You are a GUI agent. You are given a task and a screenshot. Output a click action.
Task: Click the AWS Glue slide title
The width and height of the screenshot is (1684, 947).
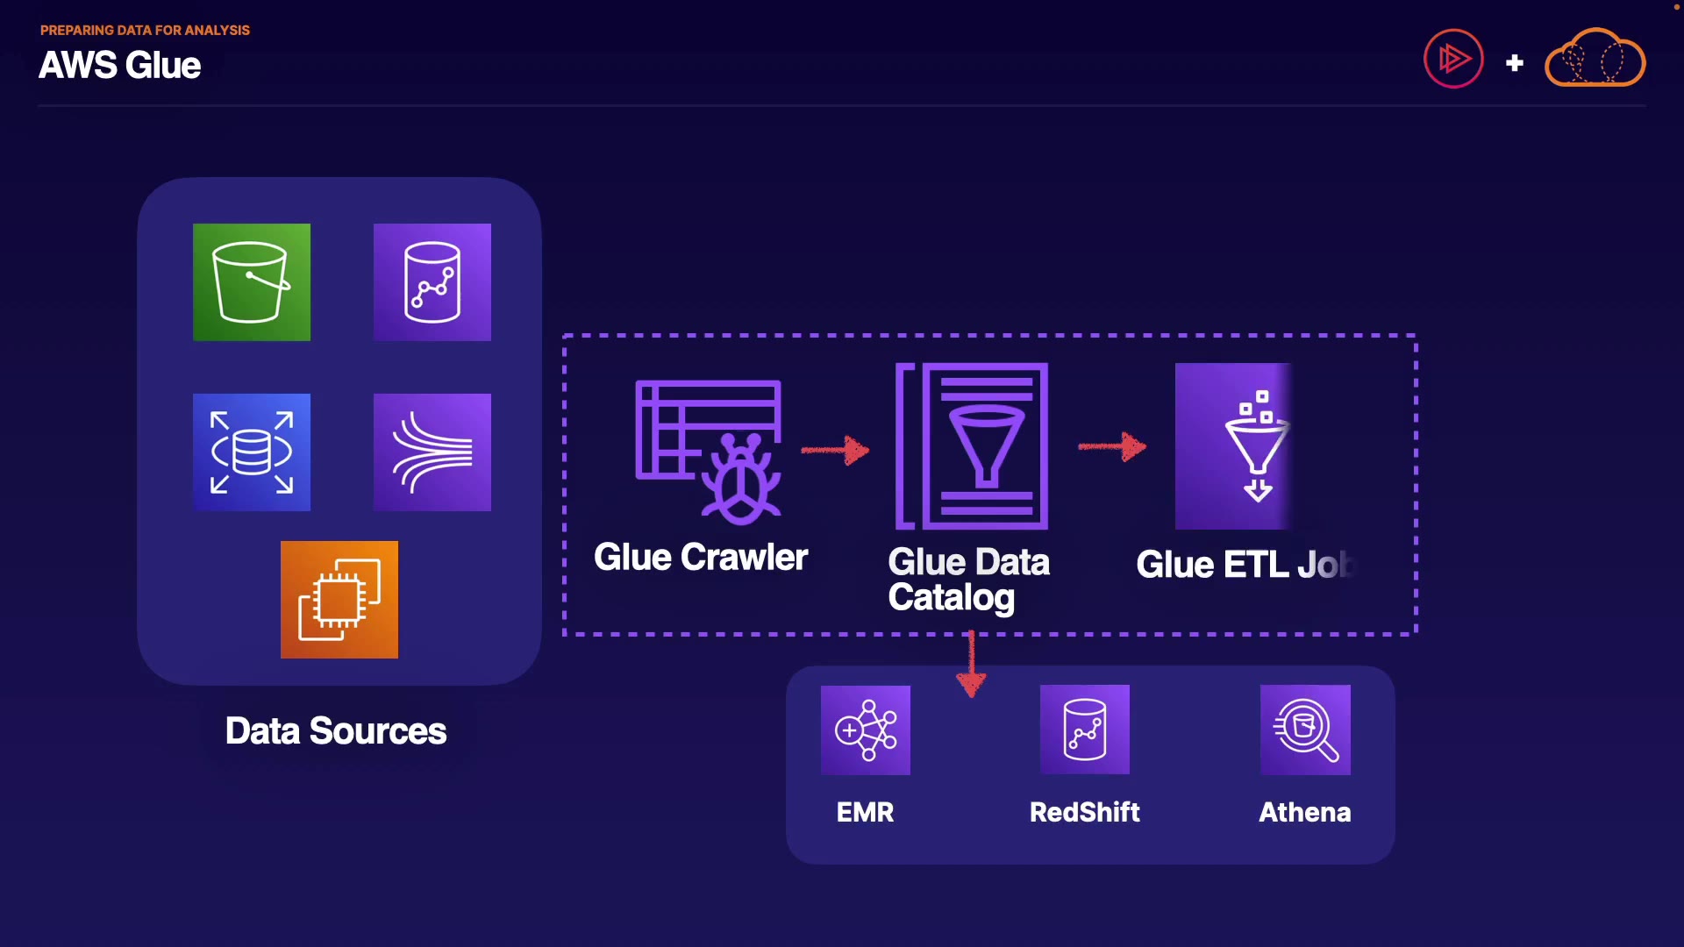point(120,66)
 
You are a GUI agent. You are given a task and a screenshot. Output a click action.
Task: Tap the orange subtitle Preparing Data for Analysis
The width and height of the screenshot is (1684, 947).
point(145,30)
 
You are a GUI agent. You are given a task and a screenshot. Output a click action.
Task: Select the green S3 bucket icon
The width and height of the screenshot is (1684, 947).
point(252,282)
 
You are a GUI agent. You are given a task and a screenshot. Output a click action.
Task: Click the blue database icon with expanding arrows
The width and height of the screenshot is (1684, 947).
point(252,452)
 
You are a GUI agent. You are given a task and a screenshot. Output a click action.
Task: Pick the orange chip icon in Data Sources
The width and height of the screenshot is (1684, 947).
point(339,600)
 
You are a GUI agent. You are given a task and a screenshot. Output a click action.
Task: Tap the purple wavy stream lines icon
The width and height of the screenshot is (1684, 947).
point(432,452)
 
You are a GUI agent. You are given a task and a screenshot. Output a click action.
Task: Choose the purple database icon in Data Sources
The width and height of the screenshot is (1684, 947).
point(432,282)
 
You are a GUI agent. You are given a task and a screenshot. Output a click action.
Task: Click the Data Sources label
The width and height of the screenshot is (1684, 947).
point(336,731)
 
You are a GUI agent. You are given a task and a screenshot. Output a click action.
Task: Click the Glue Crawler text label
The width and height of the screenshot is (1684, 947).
point(701,558)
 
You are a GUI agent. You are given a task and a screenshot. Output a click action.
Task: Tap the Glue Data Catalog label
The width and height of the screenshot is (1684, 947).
point(968,580)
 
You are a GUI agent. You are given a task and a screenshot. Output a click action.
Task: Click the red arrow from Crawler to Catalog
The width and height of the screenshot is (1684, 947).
point(835,450)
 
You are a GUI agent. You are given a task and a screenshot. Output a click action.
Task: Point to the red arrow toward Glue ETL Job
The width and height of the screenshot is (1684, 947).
point(1112,446)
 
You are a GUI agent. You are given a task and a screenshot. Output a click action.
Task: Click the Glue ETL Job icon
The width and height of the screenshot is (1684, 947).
point(1233,446)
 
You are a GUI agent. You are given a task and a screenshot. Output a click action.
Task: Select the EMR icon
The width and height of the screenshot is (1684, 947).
point(866,730)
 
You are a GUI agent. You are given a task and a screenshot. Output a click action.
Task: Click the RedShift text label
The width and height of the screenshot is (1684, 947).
point(1085,813)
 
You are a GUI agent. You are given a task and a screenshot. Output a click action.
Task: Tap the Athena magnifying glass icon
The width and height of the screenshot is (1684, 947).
point(1305,730)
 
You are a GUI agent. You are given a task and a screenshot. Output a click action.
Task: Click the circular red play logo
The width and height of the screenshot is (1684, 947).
point(1453,59)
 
